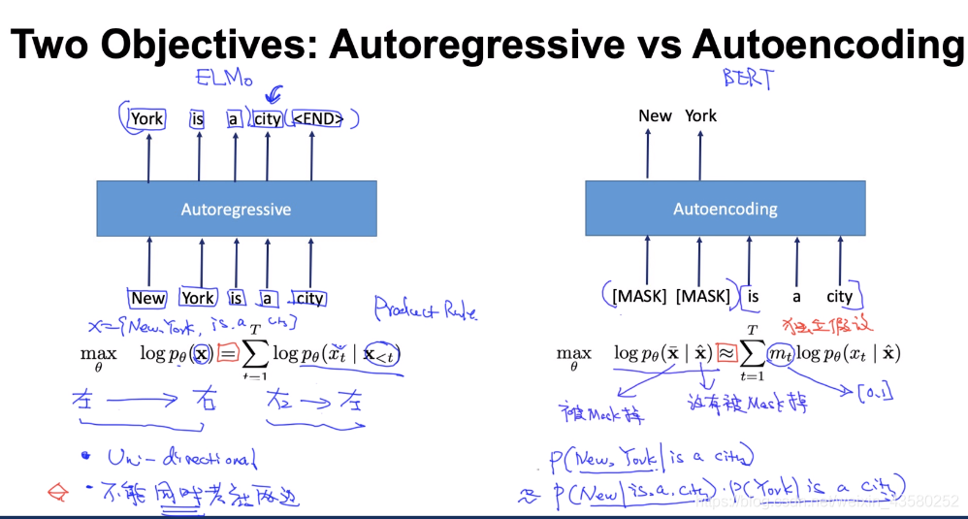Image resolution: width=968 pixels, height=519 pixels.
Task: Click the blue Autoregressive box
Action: tap(236, 209)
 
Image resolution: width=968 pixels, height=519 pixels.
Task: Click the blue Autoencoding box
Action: tap(725, 209)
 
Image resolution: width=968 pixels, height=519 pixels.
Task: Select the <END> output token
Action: tap(317, 119)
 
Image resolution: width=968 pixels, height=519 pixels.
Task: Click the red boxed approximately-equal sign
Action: tap(726, 354)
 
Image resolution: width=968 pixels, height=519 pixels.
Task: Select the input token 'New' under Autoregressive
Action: tap(148, 299)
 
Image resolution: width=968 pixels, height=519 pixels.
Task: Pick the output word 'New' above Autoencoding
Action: tap(655, 115)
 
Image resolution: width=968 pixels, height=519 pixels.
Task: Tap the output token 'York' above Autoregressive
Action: tap(147, 119)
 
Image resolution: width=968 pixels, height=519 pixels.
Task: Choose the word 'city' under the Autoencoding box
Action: tap(840, 297)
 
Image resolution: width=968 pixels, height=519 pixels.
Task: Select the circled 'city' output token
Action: tap(268, 119)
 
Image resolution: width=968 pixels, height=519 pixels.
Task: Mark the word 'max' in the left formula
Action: tap(97, 354)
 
